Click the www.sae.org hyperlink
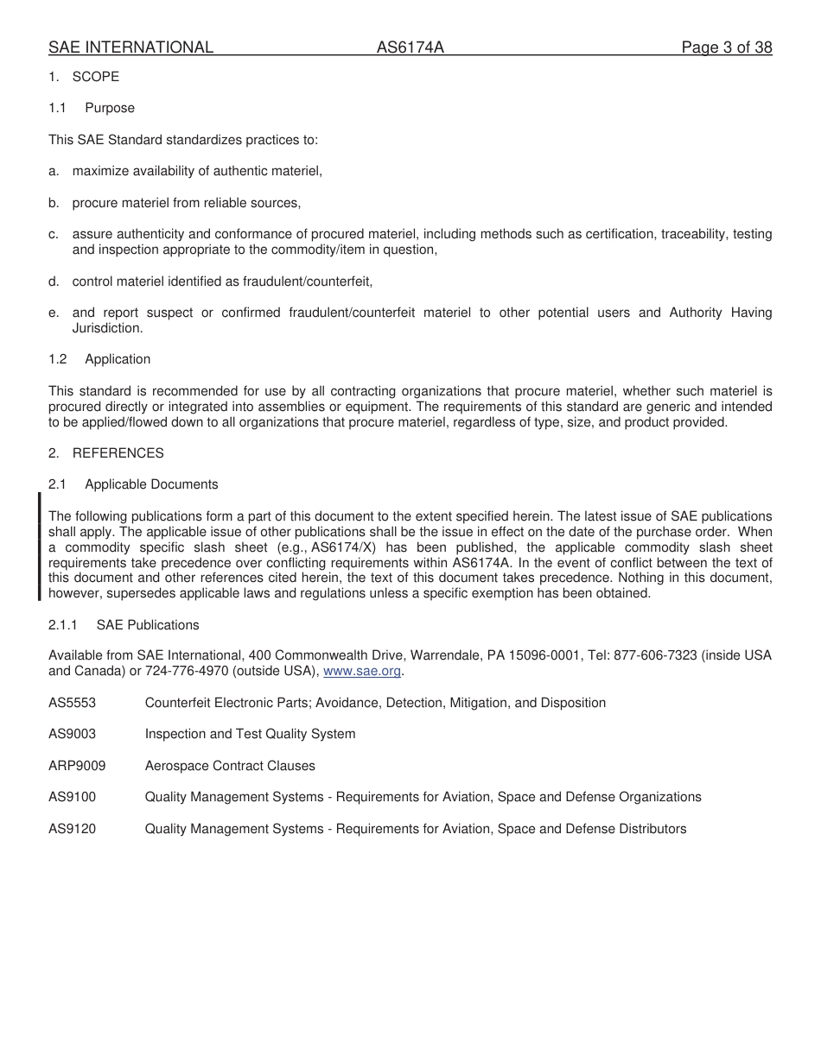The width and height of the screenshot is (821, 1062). pyautogui.click(x=362, y=672)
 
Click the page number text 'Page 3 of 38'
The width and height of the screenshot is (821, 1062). pyautogui.click(x=726, y=47)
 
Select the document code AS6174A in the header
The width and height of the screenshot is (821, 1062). pyautogui.click(x=410, y=47)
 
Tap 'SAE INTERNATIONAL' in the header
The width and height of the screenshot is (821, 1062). pyautogui.click(x=130, y=47)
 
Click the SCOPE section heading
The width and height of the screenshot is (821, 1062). pyautogui.click(x=95, y=77)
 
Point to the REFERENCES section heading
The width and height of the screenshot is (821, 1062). pyautogui.click(x=118, y=453)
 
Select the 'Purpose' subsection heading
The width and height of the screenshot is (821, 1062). pyautogui.click(x=110, y=108)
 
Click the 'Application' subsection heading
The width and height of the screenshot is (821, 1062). pyautogui.click(x=118, y=359)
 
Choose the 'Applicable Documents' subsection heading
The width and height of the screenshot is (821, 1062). pyautogui.click(x=151, y=484)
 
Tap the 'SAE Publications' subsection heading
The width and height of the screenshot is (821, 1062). pyautogui.click(x=148, y=625)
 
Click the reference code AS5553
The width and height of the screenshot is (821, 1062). pyautogui.click(x=73, y=703)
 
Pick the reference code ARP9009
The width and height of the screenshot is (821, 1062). pyautogui.click(x=77, y=766)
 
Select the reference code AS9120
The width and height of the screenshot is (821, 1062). pyautogui.click(x=73, y=829)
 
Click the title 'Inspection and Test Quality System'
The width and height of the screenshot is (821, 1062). pyautogui.click(x=250, y=734)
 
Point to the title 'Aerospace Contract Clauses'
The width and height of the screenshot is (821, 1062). pyautogui.click(x=230, y=766)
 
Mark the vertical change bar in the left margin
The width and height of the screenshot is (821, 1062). pyautogui.click(x=39, y=547)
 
